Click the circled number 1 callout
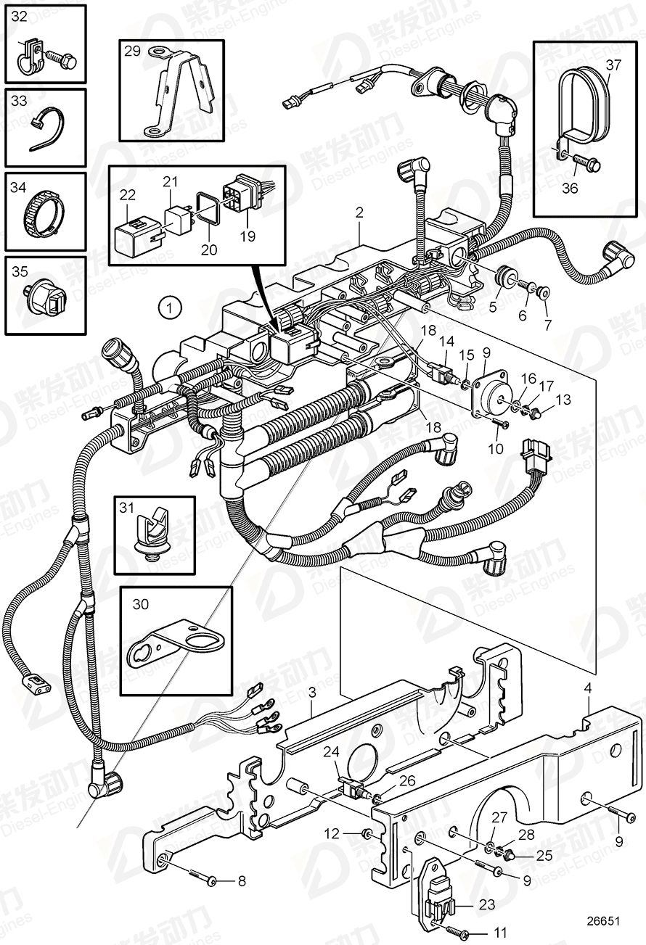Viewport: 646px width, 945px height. point(168,308)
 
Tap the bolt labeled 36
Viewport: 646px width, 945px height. point(585,163)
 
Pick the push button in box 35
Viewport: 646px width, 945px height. point(46,295)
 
